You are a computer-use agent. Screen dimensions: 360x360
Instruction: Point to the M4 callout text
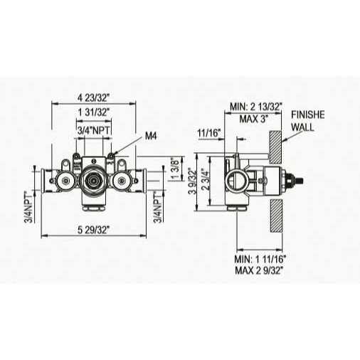click(x=151, y=135)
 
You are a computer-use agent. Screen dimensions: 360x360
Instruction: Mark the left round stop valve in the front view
click(x=65, y=184)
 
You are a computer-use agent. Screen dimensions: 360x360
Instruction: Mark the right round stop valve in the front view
click(x=122, y=184)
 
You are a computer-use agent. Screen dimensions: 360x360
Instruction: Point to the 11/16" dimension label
click(x=209, y=132)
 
